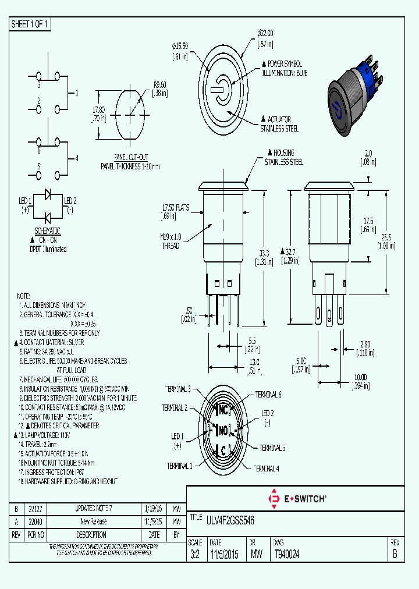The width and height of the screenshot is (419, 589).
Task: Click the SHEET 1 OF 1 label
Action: pos(30,24)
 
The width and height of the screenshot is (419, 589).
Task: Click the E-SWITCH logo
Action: pos(296,498)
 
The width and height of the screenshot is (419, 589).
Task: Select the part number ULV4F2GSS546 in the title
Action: pos(230,519)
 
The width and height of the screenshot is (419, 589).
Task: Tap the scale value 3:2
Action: pos(195,555)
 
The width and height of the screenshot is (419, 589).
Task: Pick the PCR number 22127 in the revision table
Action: pos(35,509)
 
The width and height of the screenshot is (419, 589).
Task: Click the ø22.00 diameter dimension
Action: pos(265,33)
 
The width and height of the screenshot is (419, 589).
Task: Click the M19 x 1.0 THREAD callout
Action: pos(171,242)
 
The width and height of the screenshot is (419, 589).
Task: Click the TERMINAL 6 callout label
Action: pos(268,395)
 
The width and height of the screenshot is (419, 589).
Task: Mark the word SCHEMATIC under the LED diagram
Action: pos(47,231)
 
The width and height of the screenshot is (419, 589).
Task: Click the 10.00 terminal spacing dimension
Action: pos(361,377)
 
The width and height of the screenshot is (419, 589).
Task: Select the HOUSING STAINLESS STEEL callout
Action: pos(284,158)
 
